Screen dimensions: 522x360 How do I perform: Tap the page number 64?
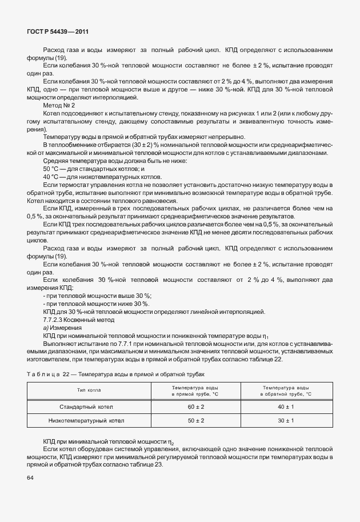click(31, 478)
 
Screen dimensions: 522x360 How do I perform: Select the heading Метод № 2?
click(59, 106)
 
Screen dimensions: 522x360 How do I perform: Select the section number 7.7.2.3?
click(55, 320)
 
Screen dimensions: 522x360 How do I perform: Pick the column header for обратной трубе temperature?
click(285, 390)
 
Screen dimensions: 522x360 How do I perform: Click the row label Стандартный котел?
click(87, 407)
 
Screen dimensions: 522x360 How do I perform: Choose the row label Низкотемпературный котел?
click(87, 420)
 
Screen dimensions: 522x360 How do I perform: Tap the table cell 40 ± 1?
click(285, 407)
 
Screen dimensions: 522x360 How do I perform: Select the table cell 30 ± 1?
click(285, 420)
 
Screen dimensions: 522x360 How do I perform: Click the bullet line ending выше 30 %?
click(97, 296)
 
